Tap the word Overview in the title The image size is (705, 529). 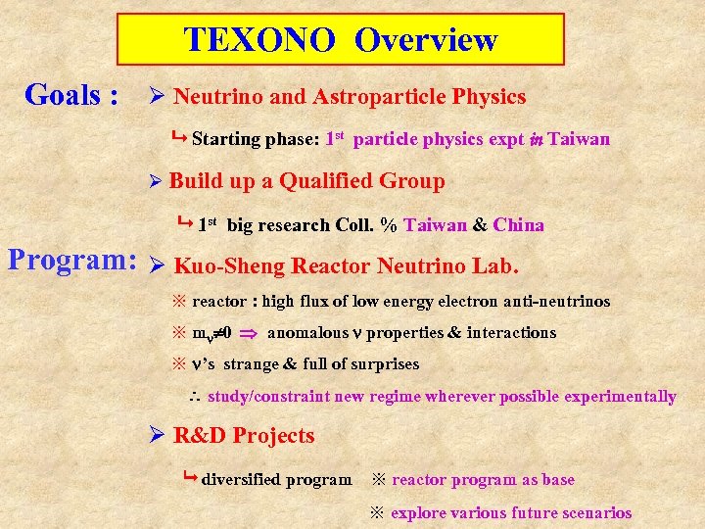click(x=426, y=39)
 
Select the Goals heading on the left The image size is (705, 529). click(x=71, y=95)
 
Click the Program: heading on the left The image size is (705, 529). click(x=71, y=260)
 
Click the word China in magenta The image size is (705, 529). click(x=518, y=225)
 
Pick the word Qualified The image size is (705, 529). click(x=327, y=181)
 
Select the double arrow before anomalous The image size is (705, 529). click(x=249, y=333)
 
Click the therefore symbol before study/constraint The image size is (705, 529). click(x=194, y=398)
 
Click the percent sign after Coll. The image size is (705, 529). click(x=389, y=225)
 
